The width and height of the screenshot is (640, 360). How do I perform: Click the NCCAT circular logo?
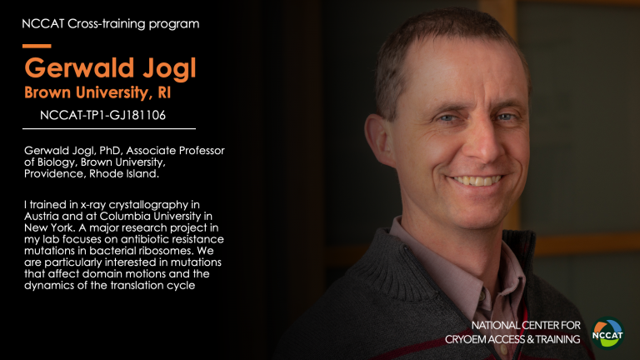click(x=607, y=333)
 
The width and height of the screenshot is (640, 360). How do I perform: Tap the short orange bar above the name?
click(x=37, y=46)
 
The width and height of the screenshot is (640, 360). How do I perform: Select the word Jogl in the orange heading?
click(x=169, y=68)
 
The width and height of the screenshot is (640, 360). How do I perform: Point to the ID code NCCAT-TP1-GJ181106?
click(x=102, y=116)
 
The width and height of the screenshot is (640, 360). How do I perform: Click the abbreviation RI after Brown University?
click(x=164, y=92)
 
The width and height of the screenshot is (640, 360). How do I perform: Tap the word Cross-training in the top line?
click(x=106, y=23)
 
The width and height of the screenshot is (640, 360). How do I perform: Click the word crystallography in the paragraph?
click(x=148, y=205)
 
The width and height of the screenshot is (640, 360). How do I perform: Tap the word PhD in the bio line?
click(x=111, y=151)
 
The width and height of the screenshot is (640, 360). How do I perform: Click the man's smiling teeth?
click(x=477, y=180)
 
